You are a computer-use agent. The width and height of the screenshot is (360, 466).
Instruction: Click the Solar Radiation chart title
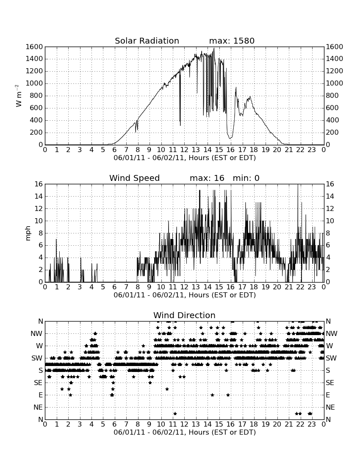point(147,41)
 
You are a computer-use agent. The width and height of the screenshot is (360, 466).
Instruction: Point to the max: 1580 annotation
point(232,41)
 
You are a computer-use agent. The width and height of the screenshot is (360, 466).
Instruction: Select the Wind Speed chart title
point(134,178)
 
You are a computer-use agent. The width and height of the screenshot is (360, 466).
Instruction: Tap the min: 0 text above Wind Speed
point(246,178)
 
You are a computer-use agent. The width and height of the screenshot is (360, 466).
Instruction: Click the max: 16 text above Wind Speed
point(207,178)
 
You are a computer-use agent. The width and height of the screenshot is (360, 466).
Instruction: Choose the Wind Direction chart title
point(184,315)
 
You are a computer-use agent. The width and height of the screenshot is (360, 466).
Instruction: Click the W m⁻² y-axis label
point(18,96)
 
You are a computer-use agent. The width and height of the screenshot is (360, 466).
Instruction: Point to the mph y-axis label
point(28,233)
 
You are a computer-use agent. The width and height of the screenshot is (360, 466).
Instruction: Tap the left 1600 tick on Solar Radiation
point(34,47)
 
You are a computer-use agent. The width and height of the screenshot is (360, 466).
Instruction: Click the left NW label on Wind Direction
point(36,334)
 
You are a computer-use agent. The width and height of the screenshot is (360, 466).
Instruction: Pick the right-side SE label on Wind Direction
point(330,383)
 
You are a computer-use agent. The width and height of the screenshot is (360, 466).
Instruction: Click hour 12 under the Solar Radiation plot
point(184,150)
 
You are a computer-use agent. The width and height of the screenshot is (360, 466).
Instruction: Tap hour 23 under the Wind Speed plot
point(312,287)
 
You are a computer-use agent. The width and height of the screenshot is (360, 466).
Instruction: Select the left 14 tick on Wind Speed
point(39,197)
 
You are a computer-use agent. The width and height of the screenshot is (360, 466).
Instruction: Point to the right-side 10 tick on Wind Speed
point(330,221)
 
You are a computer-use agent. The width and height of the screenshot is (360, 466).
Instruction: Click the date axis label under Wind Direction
point(185,432)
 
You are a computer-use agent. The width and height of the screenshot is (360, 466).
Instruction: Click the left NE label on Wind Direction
point(38,408)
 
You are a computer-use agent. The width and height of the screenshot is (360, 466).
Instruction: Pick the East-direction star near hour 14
point(212,395)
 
